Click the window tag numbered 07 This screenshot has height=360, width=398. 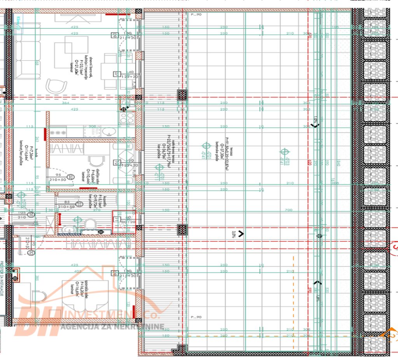(116, 73)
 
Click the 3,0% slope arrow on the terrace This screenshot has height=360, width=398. (241, 234)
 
